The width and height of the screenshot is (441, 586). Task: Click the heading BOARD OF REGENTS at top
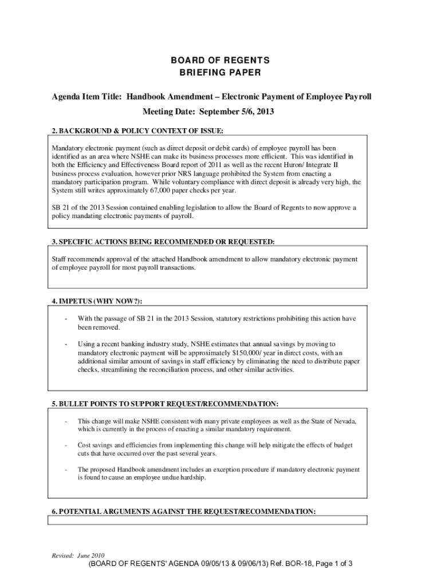(x=220, y=60)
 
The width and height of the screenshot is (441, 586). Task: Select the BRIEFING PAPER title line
(x=220, y=73)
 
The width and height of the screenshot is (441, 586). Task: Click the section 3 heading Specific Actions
(x=163, y=242)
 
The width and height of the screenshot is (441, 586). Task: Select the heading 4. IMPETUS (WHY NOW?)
(x=97, y=301)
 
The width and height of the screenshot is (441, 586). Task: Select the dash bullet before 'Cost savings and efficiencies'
(x=66, y=445)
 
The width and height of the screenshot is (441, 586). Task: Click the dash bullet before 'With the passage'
(x=66, y=318)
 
